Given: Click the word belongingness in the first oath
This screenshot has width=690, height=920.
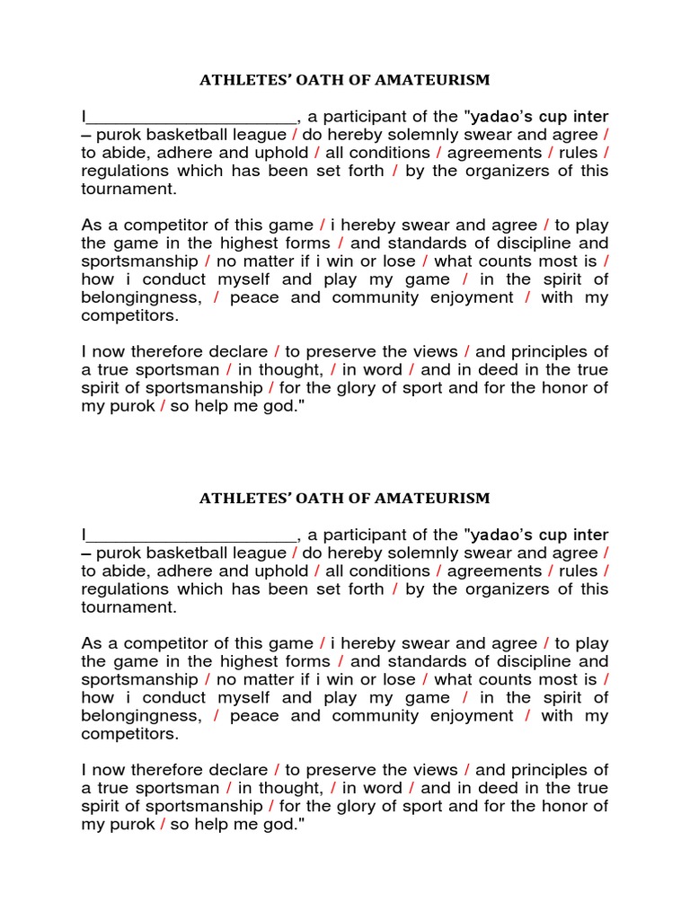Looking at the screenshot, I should tap(140, 297).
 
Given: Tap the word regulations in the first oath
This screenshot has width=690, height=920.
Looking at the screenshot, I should tap(123, 171).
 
